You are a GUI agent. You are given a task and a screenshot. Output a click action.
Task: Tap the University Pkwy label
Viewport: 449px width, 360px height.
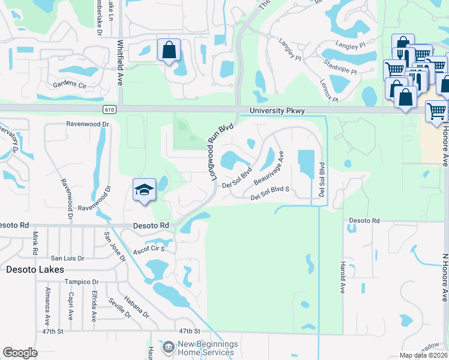point(277,111)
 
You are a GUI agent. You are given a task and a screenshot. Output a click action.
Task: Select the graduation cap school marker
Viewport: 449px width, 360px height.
point(144,191)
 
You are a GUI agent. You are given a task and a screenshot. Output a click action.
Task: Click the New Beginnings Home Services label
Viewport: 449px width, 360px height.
point(208,348)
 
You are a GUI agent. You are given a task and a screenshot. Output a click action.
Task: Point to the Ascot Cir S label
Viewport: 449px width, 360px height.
point(149,247)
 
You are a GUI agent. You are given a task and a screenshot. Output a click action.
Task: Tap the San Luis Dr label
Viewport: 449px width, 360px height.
point(67,258)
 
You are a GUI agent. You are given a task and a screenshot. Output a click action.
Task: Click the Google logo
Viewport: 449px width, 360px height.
point(20,353)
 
